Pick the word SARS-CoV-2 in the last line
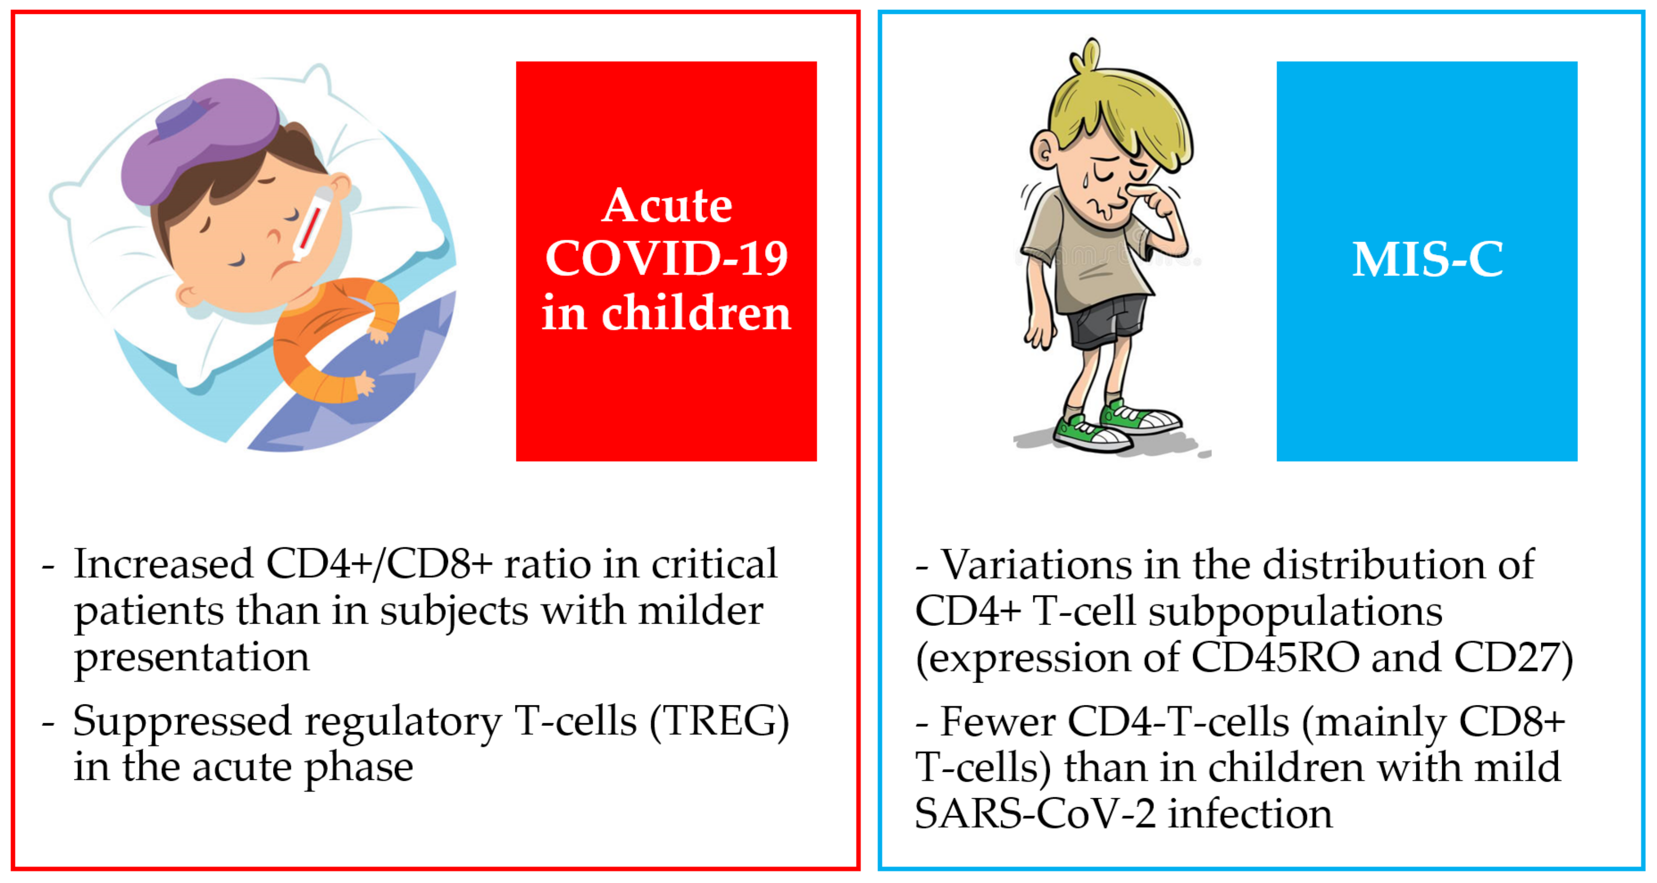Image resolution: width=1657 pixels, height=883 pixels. (x=1035, y=814)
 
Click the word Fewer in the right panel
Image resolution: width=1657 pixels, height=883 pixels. (x=998, y=722)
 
